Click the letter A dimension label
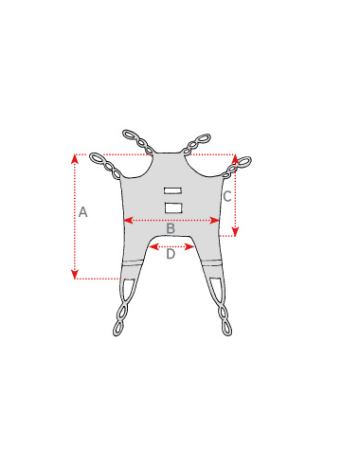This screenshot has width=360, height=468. (x=82, y=212)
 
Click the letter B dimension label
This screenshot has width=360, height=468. (x=171, y=229)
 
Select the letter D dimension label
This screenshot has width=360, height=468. (x=171, y=253)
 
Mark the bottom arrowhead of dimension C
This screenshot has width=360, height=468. (x=236, y=233)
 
